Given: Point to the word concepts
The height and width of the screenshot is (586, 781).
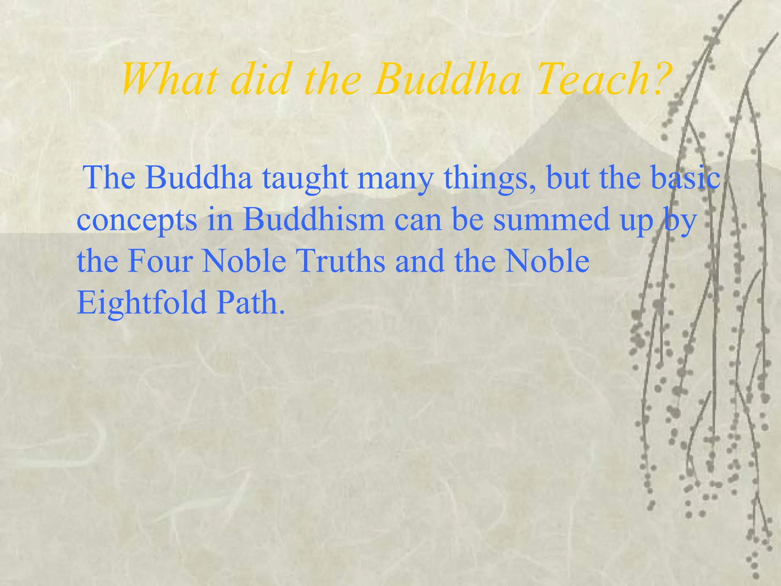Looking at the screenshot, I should [x=137, y=221].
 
